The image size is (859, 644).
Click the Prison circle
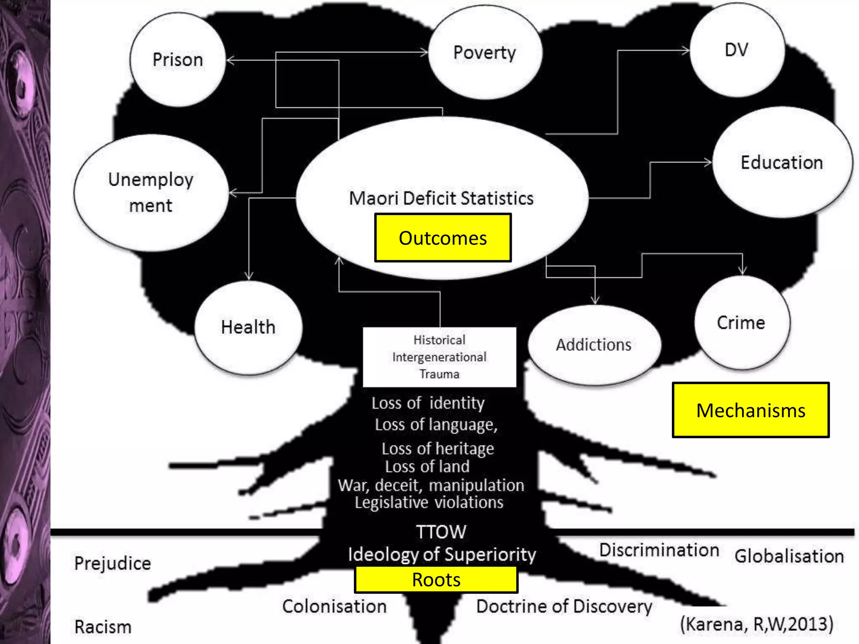[178, 60]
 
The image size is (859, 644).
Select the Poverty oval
[485, 52]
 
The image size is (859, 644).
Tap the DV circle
[737, 50]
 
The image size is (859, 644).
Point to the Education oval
[782, 162]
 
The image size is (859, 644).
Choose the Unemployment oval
[151, 192]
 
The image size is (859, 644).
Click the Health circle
[248, 327]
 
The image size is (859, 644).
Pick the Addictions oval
[593, 345]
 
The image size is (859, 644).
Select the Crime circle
[741, 323]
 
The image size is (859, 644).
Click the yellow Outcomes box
[443, 238]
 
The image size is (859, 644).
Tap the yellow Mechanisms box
[750, 410]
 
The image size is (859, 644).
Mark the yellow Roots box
[436, 580]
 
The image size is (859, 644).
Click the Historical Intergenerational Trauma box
[439, 357]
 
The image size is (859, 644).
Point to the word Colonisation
[334, 606]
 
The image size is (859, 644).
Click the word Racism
[103, 627]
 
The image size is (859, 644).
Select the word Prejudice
[112, 563]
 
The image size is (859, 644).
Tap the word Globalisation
[789, 556]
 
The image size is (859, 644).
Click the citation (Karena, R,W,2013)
[756, 624]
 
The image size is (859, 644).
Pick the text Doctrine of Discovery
[564, 606]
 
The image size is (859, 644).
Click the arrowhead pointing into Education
[708, 162]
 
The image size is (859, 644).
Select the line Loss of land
[427, 466]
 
